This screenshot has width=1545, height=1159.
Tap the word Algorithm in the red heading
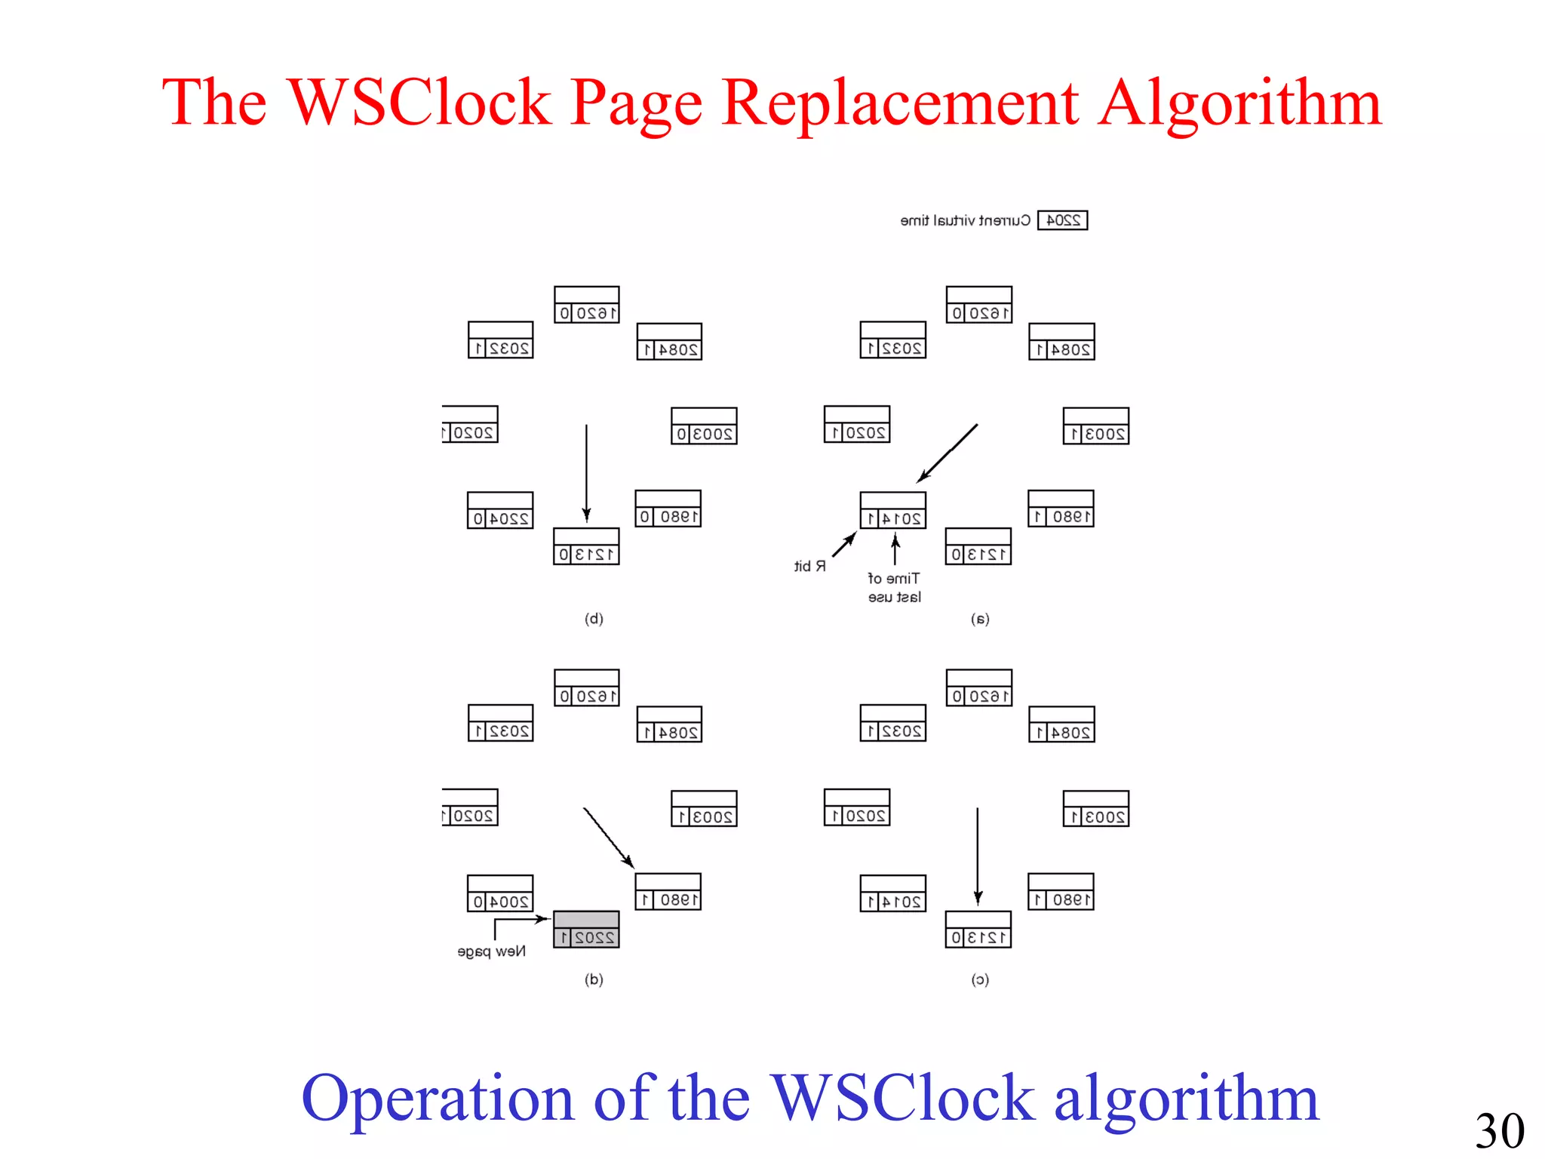point(1239,104)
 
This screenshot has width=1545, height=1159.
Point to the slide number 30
point(1500,1130)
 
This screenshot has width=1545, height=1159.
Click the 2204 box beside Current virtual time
point(1062,220)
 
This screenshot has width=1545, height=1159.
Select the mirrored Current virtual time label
point(965,220)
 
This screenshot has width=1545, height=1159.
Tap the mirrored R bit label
point(809,566)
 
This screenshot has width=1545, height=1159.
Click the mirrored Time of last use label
point(894,588)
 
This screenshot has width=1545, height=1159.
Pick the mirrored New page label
point(491,951)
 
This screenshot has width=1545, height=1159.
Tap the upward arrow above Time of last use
point(895,549)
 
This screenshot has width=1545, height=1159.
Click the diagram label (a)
point(980,619)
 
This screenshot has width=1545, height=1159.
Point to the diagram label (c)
point(980,979)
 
